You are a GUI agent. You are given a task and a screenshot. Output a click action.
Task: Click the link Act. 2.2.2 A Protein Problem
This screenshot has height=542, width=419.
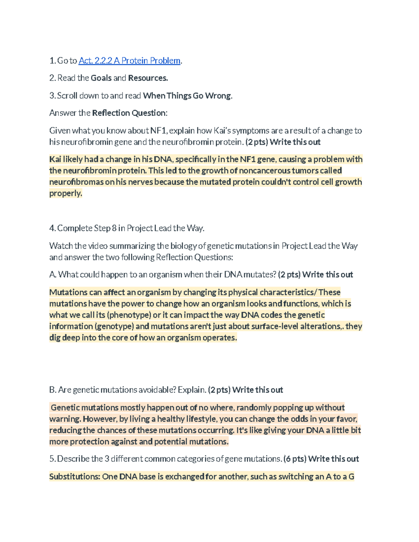[129, 61]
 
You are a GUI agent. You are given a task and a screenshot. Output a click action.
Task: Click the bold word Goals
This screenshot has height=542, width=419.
[101, 78]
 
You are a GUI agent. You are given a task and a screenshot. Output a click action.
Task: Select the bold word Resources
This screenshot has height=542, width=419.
[148, 78]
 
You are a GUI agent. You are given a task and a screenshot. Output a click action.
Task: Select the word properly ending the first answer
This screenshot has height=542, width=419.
[65, 193]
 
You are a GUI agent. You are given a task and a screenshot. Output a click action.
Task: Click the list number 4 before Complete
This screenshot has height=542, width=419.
[52, 228]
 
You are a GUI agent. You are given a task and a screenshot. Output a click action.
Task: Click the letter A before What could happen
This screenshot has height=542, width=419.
[52, 275]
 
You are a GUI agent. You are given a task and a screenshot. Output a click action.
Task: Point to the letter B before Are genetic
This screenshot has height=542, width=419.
[52, 390]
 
